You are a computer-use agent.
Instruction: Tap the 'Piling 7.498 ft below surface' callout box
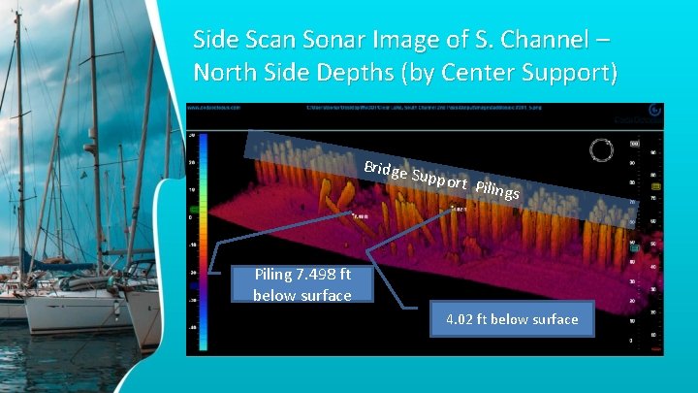click(x=301, y=284)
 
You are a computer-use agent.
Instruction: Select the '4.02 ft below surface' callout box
click(x=512, y=319)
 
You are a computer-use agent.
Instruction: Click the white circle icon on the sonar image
click(x=601, y=150)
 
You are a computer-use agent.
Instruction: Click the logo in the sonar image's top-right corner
click(x=653, y=111)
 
